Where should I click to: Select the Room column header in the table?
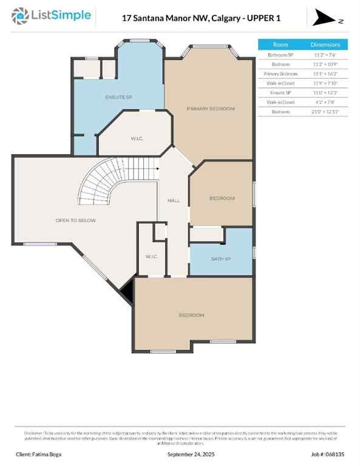(x=280, y=44)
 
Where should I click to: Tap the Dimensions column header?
(x=325, y=44)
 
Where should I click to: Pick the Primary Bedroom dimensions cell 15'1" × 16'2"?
(x=325, y=73)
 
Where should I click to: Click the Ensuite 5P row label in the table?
(x=280, y=93)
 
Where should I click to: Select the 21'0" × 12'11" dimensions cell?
(x=325, y=112)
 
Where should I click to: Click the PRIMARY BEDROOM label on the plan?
(x=210, y=109)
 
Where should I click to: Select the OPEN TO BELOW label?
(x=75, y=220)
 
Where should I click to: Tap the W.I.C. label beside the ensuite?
(x=137, y=139)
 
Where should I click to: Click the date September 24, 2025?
(x=191, y=454)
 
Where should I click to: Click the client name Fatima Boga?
(x=39, y=454)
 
